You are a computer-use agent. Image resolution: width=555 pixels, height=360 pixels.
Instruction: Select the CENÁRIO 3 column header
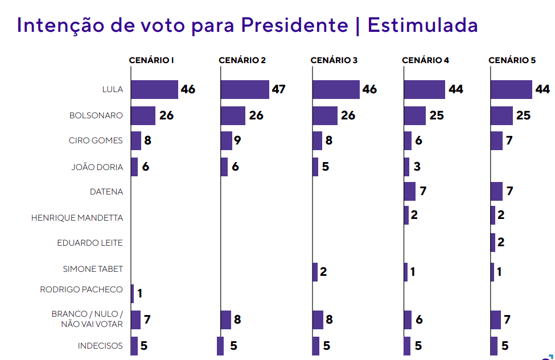pyautogui.click(x=334, y=60)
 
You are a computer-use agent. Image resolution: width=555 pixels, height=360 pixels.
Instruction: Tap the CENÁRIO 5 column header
pyautogui.click(x=512, y=60)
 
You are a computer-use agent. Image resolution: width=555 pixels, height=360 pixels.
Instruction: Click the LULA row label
pyautogui.click(x=112, y=89)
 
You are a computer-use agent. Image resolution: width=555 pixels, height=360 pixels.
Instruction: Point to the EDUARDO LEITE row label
pyautogui.click(x=90, y=243)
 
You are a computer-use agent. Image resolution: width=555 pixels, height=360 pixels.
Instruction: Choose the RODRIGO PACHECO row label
pyautogui.click(x=81, y=289)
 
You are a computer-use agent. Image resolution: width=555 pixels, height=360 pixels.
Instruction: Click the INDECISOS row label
pyautogui.click(x=100, y=346)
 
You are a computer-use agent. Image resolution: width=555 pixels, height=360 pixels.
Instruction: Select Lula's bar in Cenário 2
pyautogui.click(x=245, y=89)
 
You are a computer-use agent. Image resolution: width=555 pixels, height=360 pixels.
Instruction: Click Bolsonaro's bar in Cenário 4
pyautogui.click(x=414, y=115)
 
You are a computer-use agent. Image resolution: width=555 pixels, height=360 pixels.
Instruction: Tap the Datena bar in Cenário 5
pyautogui.click(x=496, y=191)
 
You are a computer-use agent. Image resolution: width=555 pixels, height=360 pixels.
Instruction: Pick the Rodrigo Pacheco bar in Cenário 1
pyautogui.click(x=132, y=293)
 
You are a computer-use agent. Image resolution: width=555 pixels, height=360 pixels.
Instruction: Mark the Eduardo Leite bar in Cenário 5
pyautogui.click(x=492, y=242)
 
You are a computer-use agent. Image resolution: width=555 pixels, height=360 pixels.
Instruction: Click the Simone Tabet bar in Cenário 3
pyautogui.click(x=315, y=272)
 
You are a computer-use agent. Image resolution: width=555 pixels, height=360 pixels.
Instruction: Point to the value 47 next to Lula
pyautogui.click(x=278, y=89)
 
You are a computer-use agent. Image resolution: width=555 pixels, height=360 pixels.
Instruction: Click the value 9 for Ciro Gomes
pyautogui.click(x=238, y=140)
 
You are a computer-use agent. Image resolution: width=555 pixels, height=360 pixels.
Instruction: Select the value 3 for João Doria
pyautogui.click(x=417, y=167)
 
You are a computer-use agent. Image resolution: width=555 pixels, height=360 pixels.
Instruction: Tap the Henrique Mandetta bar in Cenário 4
pyautogui.click(x=406, y=216)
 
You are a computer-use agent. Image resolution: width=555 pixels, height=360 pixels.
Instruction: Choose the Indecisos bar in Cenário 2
pyautogui.click(x=220, y=346)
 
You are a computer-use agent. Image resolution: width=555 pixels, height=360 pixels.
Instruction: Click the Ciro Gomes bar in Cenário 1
pyautogui.click(x=135, y=140)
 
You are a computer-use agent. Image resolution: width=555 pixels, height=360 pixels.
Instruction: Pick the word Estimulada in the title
pyautogui.click(x=422, y=26)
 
